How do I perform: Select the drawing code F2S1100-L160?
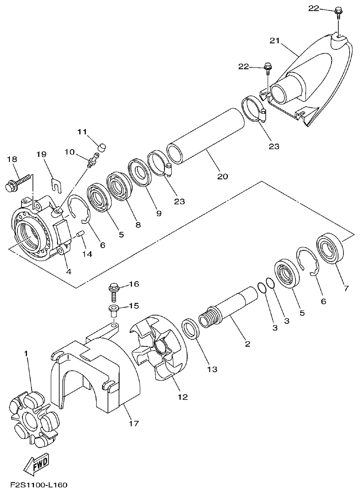point(38,485)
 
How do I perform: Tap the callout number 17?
point(133,423)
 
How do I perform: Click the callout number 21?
point(275,41)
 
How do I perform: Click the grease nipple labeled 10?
point(93,160)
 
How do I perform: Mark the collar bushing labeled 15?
point(113,309)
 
